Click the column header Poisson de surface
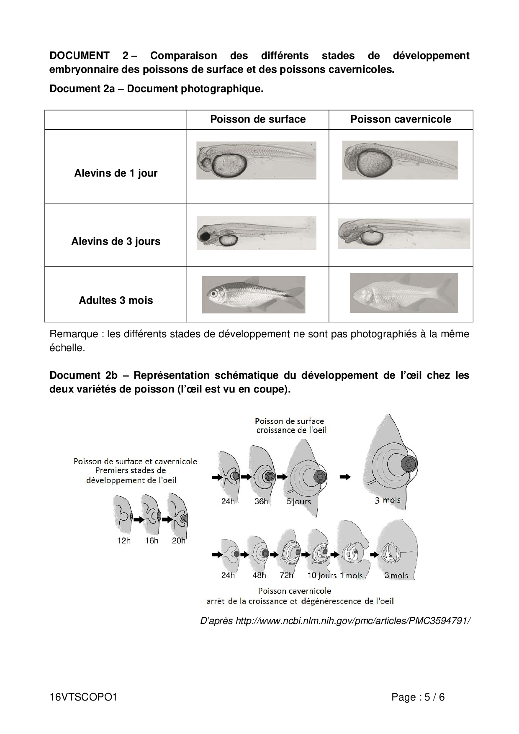[258, 119]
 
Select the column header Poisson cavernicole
[401, 119]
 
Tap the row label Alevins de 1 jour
[116, 173]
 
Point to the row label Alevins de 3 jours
[116, 241]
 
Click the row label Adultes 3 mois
[116, 300]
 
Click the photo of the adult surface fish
[253, 295]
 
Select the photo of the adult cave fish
[403, 293]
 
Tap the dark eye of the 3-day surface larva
[206, 237]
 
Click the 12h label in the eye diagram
[123, 541]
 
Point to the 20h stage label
[179, 541]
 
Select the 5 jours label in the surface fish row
[298, 501]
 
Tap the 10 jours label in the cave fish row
[322, 575]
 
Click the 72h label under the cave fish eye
[287, 575]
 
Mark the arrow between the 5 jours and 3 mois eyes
[345, 477]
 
